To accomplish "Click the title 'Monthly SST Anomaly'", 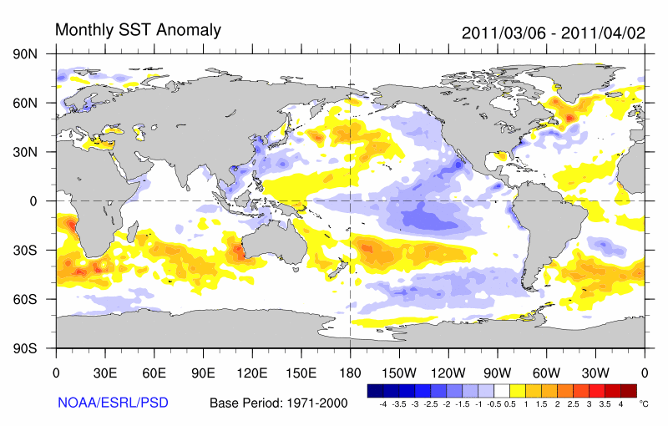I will point(138,30).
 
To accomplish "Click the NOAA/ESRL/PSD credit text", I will point(114,403).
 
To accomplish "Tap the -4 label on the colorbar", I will point(382,403).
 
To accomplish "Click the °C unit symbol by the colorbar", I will point(642,403).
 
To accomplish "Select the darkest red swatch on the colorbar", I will point(629,390).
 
